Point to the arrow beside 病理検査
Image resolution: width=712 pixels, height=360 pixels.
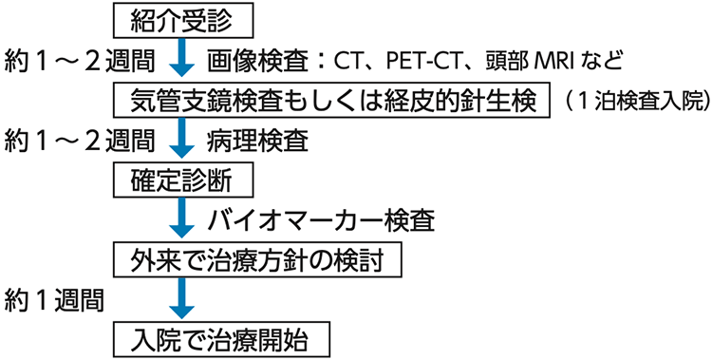click(x=181, y=139)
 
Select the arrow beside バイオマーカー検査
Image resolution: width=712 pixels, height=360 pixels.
click(x=181, y=218)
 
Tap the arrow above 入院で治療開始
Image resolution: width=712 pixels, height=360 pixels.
click(x=181, y=298)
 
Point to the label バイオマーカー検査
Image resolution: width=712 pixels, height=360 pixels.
click(x=321, y=219)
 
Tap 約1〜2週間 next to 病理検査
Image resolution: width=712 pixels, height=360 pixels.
click(x=78, y=140)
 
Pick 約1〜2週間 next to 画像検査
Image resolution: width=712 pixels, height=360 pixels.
click(x=78, y=59)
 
